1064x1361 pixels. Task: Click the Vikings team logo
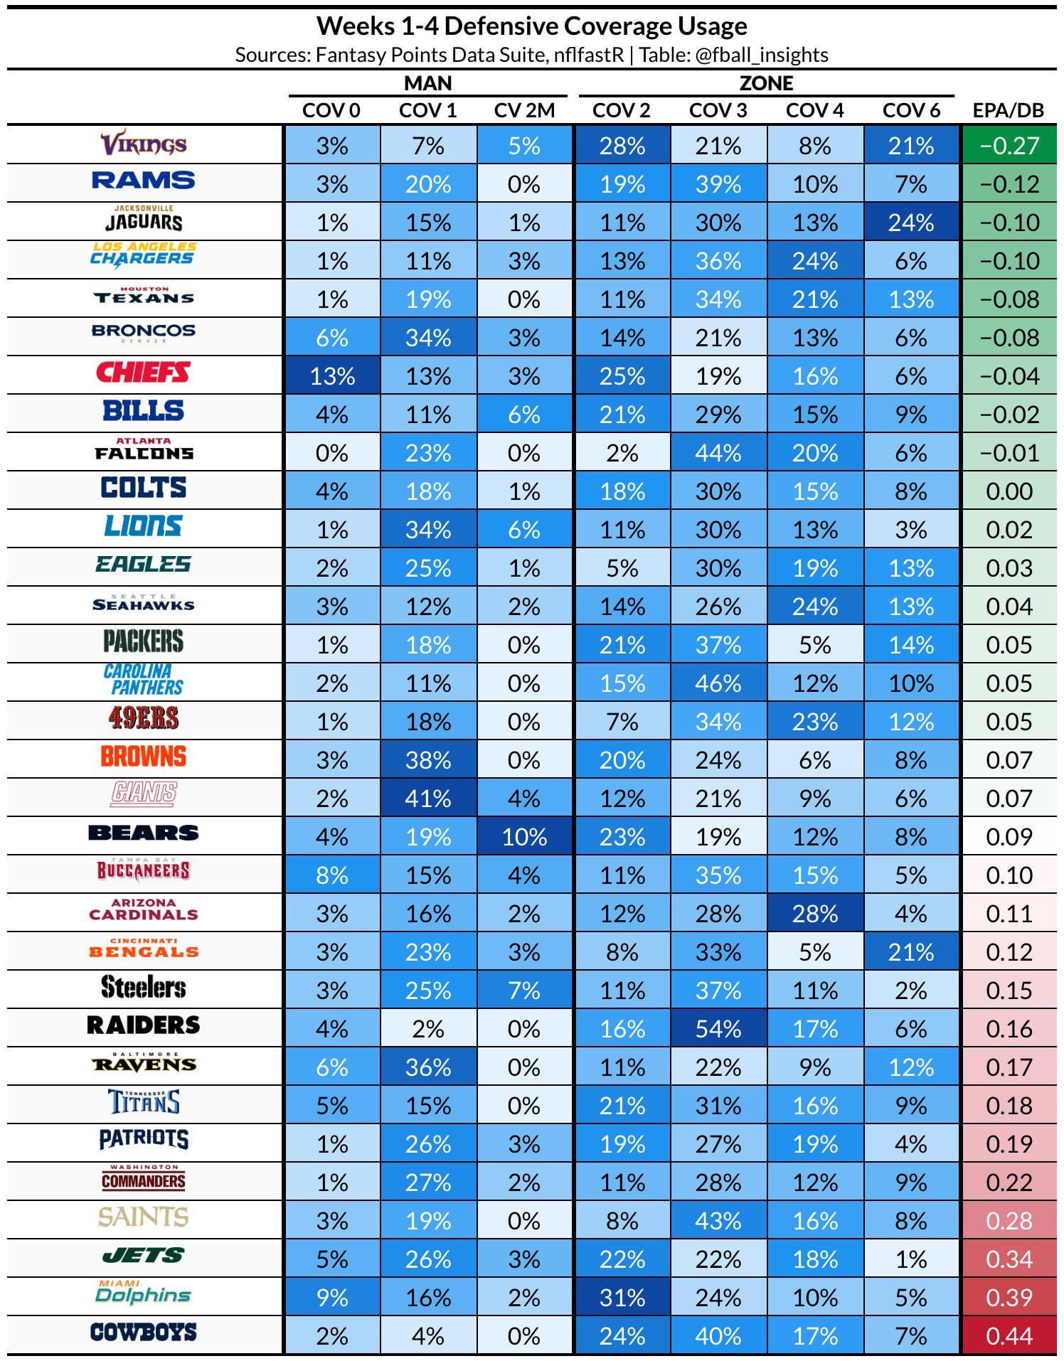144,144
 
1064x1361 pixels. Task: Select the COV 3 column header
718,110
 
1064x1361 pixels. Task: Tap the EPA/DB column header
1008,110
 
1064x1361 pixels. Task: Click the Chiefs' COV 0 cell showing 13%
332,375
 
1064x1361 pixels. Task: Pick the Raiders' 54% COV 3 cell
718,1028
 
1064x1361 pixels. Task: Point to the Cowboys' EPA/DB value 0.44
1009,1335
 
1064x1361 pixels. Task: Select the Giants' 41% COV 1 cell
428,798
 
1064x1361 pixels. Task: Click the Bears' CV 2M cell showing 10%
524,836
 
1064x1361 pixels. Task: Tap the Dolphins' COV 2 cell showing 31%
622,1297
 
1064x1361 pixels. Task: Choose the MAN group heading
427,83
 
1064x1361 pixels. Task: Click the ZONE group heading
766,83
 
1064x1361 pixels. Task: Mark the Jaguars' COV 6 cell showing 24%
911,222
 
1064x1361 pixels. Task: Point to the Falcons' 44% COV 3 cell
718,452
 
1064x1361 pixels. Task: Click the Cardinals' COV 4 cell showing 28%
814,913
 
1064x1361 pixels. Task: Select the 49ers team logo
144,718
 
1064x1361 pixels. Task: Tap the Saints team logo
144,1217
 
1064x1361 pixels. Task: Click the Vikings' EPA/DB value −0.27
1009,145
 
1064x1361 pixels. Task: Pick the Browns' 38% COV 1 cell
428,759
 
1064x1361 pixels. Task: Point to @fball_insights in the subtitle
760,55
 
